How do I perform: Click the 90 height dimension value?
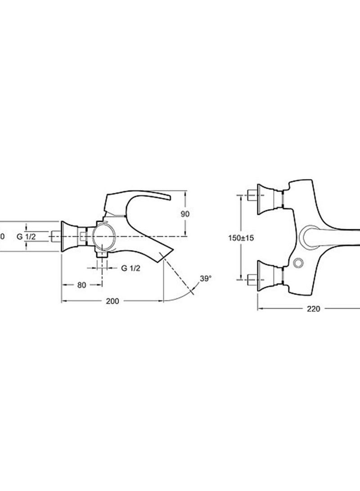click(x=185, y=214)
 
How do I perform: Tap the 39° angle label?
click(x=205, y=279)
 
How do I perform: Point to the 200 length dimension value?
click(x=113, y=301)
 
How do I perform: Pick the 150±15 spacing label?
click(x=241, y=238)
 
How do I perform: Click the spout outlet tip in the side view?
click(x=167, y=254)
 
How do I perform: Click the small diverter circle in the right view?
click(x=297, y=263)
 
